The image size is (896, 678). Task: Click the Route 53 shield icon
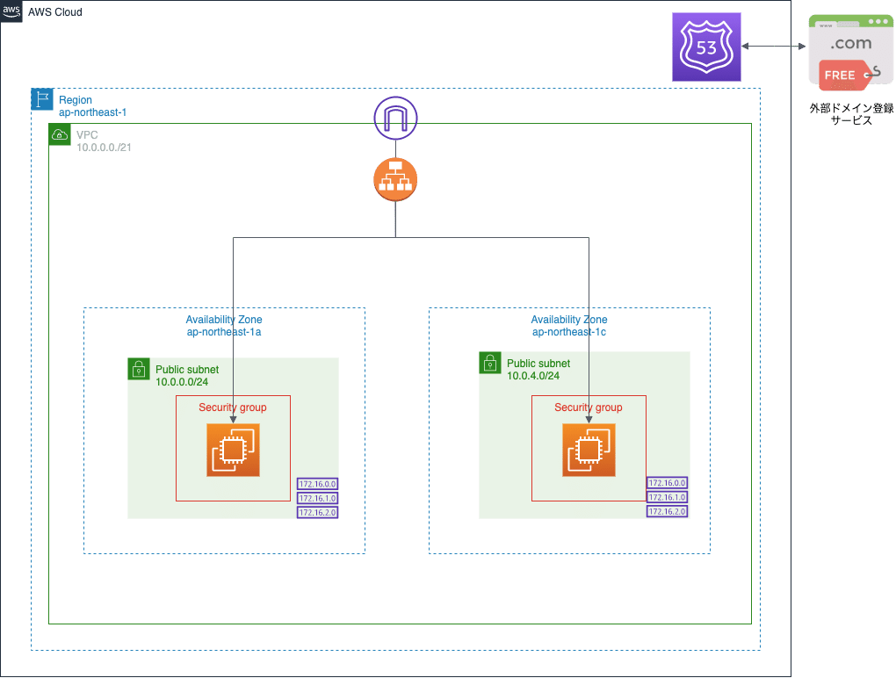[706, 47]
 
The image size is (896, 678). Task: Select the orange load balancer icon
[394, 179]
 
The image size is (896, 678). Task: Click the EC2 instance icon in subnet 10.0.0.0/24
[233, 450]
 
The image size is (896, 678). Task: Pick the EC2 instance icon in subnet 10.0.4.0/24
[589, 450]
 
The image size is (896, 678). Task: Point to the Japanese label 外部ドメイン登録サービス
[851, 115]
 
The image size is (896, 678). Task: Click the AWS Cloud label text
[54, 12]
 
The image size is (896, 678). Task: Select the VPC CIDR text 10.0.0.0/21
[105, 148]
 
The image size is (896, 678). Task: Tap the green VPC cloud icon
[60, 134]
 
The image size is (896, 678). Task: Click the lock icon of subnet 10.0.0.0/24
[139, 369]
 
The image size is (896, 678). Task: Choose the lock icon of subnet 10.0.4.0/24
[490, 363]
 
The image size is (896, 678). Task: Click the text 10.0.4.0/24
[533, 376]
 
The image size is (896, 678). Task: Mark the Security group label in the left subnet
[232, 408]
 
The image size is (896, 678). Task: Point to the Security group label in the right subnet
[588, 408]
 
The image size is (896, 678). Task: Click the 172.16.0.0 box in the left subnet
[318, 484]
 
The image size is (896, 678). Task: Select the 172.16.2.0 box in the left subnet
[318, 512]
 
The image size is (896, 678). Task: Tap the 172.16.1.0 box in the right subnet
[667, 497]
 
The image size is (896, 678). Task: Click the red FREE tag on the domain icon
[842, 76]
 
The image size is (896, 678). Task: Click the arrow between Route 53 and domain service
[774, 46]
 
